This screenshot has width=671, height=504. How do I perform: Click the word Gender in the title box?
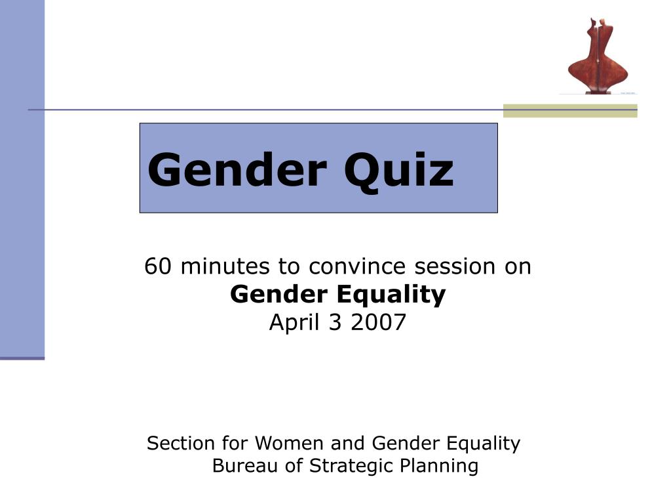(237, 170)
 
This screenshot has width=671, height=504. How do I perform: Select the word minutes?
(225, 266)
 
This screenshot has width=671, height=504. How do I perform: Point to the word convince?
(357, 266)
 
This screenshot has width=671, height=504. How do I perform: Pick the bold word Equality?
(391, 295)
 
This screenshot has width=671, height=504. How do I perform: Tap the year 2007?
(378, 322)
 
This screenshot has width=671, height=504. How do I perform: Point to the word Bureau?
(245, 465)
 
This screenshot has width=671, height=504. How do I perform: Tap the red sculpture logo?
(598, 56)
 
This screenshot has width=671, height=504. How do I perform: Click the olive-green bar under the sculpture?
(570, 110)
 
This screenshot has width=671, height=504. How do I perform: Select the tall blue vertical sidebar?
(22, 180)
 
